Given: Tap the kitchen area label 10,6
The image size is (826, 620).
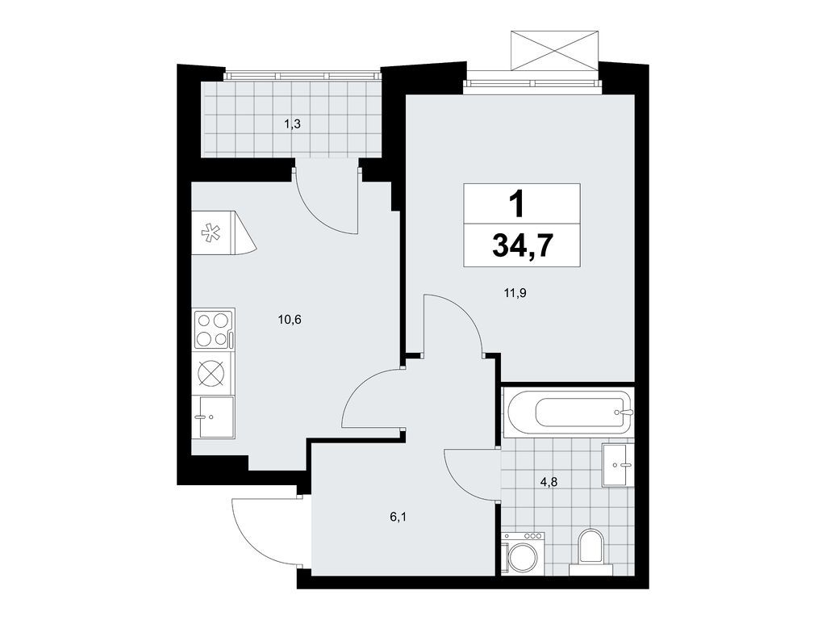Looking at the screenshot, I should coord(290,319).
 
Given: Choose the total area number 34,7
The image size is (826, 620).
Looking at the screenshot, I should coord(522,245).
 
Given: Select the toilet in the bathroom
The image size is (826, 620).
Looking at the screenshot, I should coord(591,549).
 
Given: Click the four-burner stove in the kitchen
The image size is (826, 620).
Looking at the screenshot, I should coord(213,329).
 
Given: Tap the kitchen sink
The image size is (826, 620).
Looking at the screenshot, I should coord(212,417).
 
